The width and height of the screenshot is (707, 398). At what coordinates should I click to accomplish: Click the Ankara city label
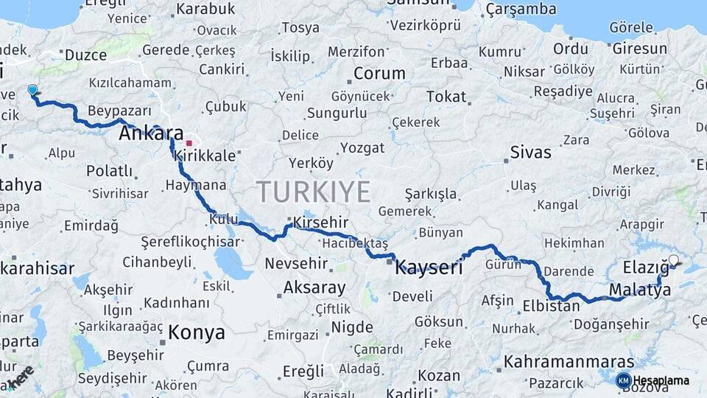[x=151, y=133]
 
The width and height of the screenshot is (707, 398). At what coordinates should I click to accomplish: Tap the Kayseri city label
[x=429, y=267]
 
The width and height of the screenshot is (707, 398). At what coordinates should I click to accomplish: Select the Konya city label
[x=196, y=332]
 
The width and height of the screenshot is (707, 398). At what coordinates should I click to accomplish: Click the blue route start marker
[x=32, y=90]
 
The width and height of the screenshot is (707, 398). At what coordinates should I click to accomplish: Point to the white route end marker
[x=673, y=259]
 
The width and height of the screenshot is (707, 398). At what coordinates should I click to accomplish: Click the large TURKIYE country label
[x=314, y=192]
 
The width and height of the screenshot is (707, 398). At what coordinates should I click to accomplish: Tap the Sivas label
[x=530, y=153]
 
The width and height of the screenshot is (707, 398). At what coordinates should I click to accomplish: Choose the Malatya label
[x=640, y=290]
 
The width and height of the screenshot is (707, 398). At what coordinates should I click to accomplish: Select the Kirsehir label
[x=320, y=222]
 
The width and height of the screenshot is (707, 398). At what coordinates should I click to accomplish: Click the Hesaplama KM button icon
[x=623, y=380]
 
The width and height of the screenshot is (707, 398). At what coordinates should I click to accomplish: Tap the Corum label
[x=379, y=73]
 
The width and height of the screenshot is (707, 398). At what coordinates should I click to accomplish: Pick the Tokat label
[x=446, y=97]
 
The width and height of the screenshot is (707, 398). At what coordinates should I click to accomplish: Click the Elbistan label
[x=551, y=305]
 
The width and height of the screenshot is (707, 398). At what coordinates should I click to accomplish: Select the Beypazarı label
[x=119, y=111]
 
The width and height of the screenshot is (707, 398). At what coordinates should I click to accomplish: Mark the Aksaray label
[x=314, y=287]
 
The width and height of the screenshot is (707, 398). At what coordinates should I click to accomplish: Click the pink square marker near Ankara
[x=189, y=143]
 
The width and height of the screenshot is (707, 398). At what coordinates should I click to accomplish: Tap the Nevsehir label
[x=291, y=263]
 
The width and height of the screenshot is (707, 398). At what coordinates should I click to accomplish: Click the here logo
[x=21, y=376]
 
